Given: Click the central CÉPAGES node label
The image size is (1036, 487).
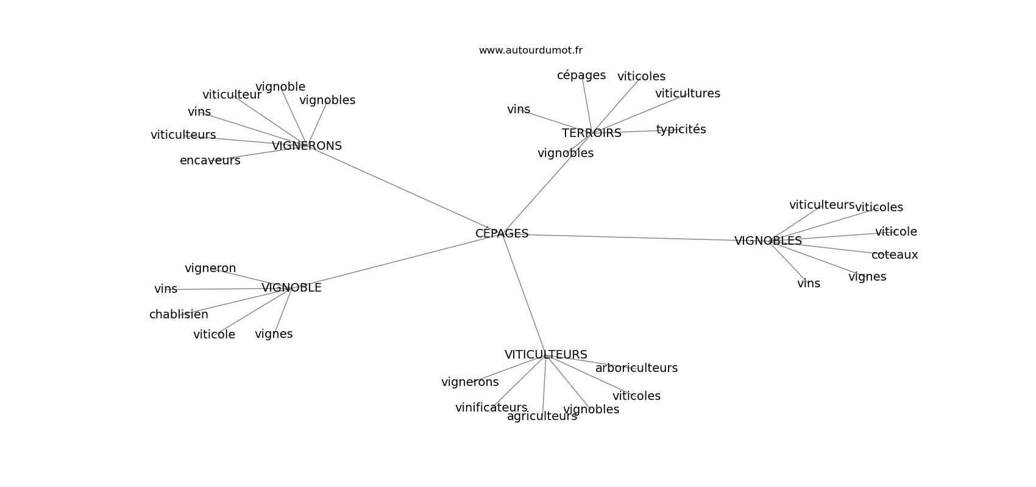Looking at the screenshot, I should tap(502, 234).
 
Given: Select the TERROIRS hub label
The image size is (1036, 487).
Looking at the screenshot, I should tap(591, 133).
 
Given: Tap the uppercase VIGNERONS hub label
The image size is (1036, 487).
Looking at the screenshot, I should tap(307, 146).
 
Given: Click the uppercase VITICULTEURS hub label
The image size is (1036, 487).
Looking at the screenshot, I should tap(545, 355).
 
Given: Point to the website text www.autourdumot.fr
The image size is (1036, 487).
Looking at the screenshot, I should tap(530, 51).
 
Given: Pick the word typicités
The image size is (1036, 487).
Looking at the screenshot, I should tap(681, 130).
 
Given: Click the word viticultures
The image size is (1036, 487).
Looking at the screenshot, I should tap(687, 94).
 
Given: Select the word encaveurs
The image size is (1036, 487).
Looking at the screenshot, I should tap(210, 161).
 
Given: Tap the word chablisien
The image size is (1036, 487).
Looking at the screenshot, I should tap(179, 315).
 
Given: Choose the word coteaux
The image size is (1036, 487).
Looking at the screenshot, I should tap(894, 255).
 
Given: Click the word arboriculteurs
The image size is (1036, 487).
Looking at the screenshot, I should tap(636, 368).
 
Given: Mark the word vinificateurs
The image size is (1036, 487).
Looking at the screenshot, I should tap(491, 408).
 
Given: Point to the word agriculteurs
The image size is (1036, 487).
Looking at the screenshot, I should tap(542, 416).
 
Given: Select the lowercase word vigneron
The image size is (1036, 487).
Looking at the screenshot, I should tap(210, 268).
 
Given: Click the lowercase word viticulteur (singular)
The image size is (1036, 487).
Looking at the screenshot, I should tap(232, 95).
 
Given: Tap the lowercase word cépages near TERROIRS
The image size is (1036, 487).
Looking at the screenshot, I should tap(581, 75).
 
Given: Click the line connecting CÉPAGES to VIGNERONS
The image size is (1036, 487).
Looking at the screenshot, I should tap(402, 189).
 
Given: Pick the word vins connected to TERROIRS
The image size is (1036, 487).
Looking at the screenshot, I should tap(519, 110).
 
